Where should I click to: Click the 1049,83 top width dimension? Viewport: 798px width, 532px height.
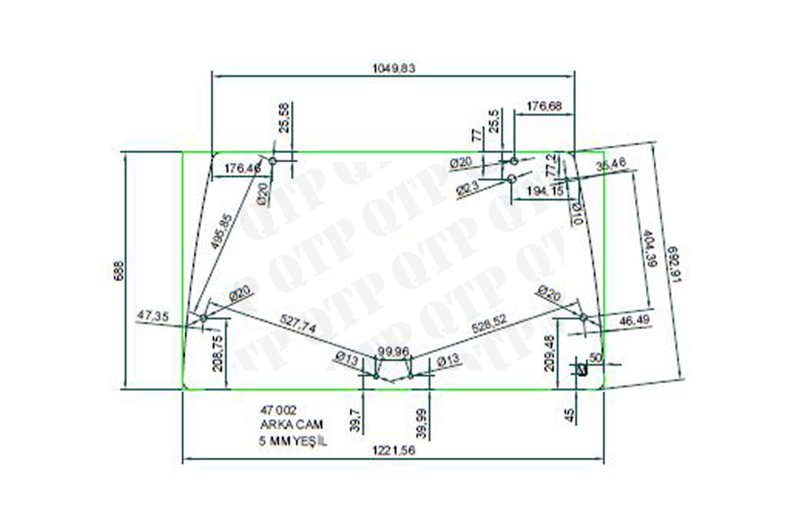[393, 68]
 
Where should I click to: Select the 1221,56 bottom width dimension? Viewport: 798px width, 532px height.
[393, 453]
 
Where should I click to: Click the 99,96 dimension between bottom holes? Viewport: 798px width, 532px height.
[394, 351]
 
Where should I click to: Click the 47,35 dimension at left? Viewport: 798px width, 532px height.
[153, 316]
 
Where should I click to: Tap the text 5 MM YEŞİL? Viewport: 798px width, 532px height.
[292, 441]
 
